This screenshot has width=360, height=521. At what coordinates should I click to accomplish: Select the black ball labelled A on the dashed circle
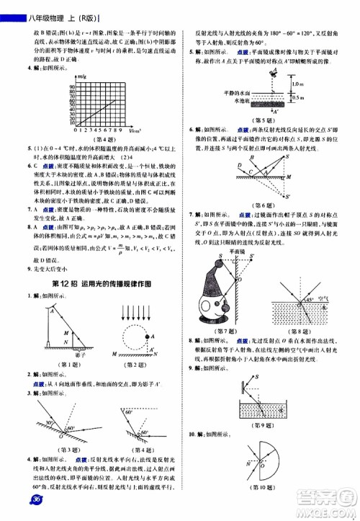pos(150,336)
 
